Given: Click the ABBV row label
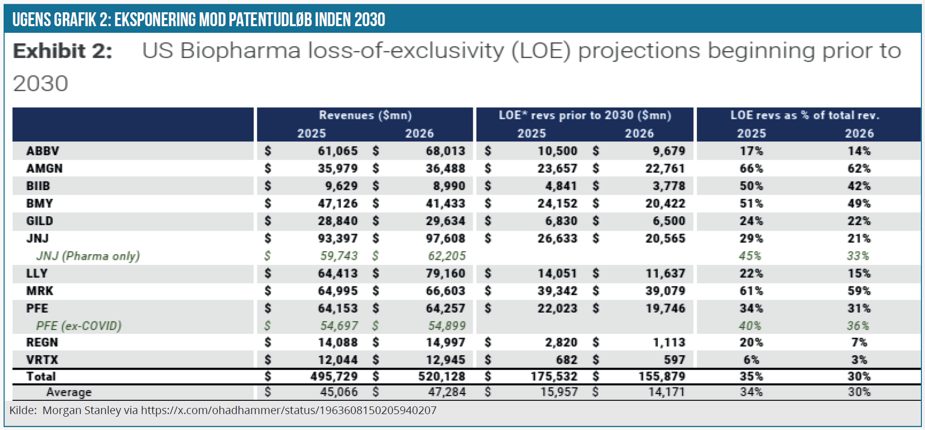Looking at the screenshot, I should coord(43,151).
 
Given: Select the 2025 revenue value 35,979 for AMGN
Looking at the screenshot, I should coord(337,169).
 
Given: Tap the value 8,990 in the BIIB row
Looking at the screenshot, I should coord(449,186).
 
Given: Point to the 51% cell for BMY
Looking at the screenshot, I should coord(751,203).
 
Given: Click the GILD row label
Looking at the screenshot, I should coord(39,221).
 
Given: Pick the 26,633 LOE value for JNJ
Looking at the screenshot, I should coord(557,238).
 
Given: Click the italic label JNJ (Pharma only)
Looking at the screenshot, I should coord(88,256).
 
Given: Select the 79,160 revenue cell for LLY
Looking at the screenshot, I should coord(445,273).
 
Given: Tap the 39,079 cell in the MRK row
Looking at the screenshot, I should coord(665,291).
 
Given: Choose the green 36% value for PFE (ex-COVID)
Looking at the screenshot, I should coord(858,325).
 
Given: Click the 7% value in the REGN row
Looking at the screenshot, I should coord(859,342).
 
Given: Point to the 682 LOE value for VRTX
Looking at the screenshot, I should coord(567,360).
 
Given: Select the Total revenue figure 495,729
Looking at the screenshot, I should coord(334,376).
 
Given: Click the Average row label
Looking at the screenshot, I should coord(69,392).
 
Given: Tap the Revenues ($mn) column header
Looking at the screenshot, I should coord(365,115).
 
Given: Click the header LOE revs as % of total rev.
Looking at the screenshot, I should coord(805,115).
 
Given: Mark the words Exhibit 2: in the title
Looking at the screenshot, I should coord(63,51).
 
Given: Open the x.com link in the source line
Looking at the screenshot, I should coord(289,411).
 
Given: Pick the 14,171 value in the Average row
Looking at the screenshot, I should coord(667,392).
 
